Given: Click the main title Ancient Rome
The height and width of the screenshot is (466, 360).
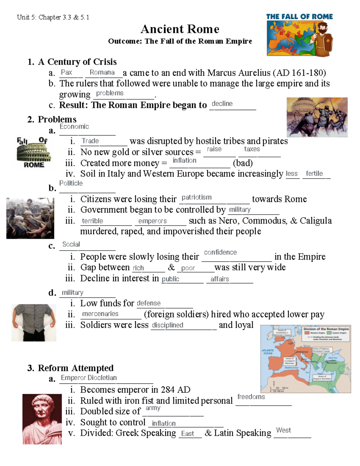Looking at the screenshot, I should point(180,29).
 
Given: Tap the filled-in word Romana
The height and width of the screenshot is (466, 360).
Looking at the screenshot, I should point(102,72).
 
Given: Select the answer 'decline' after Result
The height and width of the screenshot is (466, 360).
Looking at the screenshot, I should point(222,104).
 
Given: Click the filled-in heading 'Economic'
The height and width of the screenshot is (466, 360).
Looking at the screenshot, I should point(74,127).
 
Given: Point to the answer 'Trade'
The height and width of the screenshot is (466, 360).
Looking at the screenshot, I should point(90,141).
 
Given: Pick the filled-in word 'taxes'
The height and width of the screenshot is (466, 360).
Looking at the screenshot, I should point(252,149).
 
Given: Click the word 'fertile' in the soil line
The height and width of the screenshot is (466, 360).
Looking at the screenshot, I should point(314,173).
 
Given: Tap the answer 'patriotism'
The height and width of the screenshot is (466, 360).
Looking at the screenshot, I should point(196,197).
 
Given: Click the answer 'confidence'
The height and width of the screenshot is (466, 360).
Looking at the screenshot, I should point(220,252).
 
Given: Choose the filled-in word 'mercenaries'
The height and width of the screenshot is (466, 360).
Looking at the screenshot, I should point(100,314).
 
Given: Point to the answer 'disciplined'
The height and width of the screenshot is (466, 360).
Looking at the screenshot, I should point(167,325).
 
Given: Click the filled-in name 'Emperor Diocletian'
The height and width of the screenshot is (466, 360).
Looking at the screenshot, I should point(89,377).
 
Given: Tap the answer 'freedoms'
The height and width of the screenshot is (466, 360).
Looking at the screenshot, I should point(251,397).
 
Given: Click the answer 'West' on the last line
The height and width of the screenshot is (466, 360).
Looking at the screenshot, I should point(283,430).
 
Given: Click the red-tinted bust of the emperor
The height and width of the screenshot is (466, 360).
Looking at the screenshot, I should point(42,419).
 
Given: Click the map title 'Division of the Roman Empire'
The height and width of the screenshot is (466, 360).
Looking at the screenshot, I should point(326,329).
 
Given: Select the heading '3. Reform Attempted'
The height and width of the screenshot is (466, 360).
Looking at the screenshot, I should point(70,368).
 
